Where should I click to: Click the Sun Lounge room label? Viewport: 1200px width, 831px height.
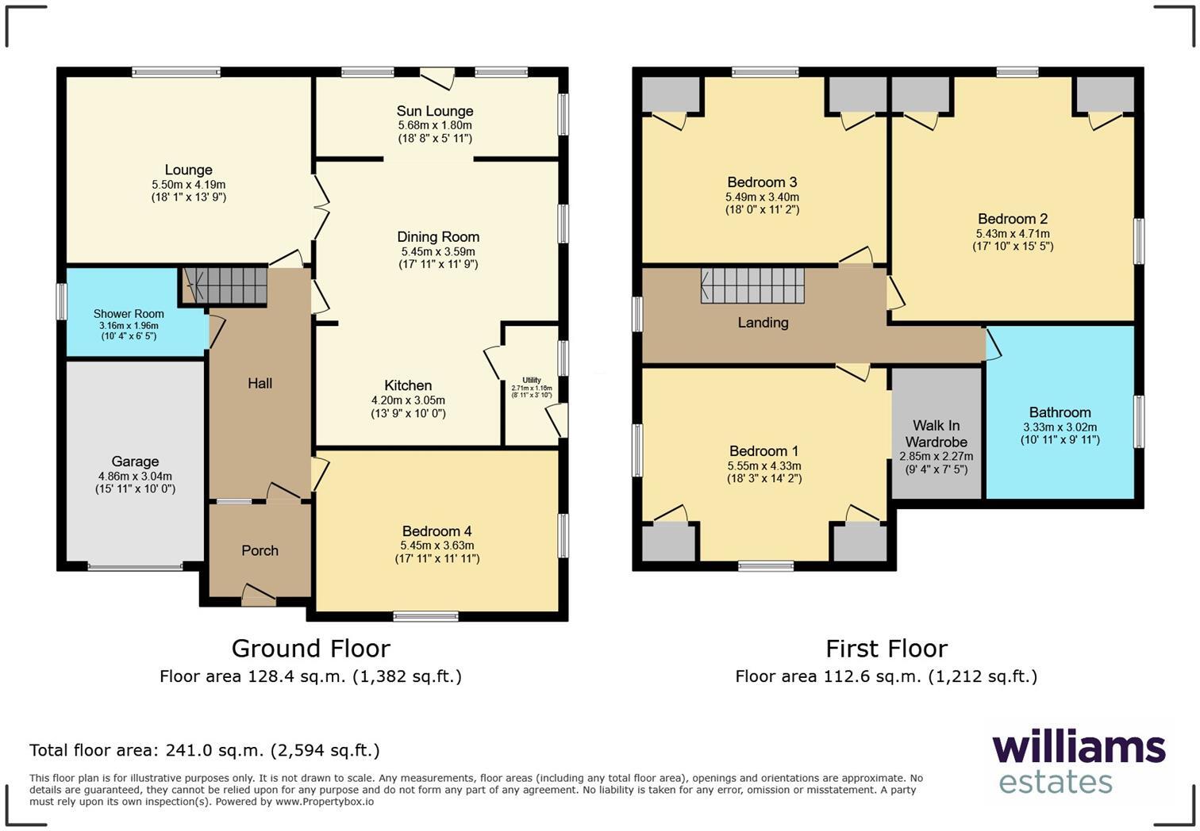pyautogui.click(x=435, y=111)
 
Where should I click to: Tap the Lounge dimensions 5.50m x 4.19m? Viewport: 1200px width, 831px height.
pyautogui.click(x=189, y=184)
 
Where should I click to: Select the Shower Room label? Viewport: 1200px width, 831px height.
pyautogui.click(x=129, y=314)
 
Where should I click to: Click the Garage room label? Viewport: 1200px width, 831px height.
pyautogui.click(x=135, y=461)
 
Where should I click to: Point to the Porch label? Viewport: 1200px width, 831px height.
pyautogui.click(x=260, y=550)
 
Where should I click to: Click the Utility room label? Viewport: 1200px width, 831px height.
pyautogui.click(x=532, y=381)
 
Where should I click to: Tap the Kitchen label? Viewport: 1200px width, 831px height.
pyautogui.click(x=408, y=385)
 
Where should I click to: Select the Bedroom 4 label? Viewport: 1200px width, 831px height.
pyautogui.click(x=437, y=531)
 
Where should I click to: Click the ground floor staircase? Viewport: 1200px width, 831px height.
pyautogui.click(x=226, y=285)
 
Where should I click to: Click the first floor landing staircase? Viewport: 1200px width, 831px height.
pyautogui.click(x=752, y=285)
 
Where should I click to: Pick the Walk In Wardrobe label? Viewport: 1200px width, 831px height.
pyautogui.click(x=937, y=434)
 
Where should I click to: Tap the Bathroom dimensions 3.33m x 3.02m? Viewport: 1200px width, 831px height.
pyautogui.click(x=1060, y=427)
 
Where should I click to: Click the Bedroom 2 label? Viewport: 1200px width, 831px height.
pyautogui.click(x=1013, y=219)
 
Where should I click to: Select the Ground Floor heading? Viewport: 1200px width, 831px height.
pyautogui.click(x=310, y=649)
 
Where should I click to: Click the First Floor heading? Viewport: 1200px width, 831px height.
pyautogui.click(x=887, y=649)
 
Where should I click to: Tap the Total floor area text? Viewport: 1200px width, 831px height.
pyautogui.click(x=205, y=750)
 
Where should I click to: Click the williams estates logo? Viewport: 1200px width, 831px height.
pyautogui.click(x=1078, y=761)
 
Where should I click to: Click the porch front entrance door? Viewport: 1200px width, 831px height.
pyautogui.click(x=259, y=597)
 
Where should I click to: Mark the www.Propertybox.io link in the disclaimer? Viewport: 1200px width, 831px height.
pyautogui.click(x=325, y=802)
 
